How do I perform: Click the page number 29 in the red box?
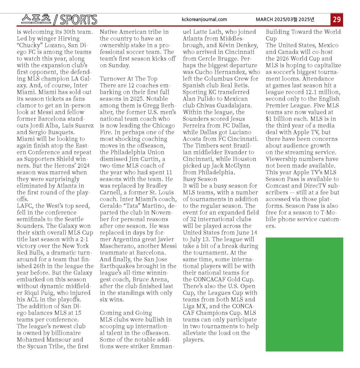click(x=337, y=19)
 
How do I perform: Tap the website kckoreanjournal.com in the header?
click(x=204, y=19)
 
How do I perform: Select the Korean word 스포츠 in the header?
click(x=36, y=19)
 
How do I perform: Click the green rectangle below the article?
click(x=304, y=294)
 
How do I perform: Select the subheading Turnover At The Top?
click(x=128, y=79)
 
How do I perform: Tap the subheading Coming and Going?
click(x=126, y=313)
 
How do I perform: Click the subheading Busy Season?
click(x=200, y=179)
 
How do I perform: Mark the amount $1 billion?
click(x=281, y=119)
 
